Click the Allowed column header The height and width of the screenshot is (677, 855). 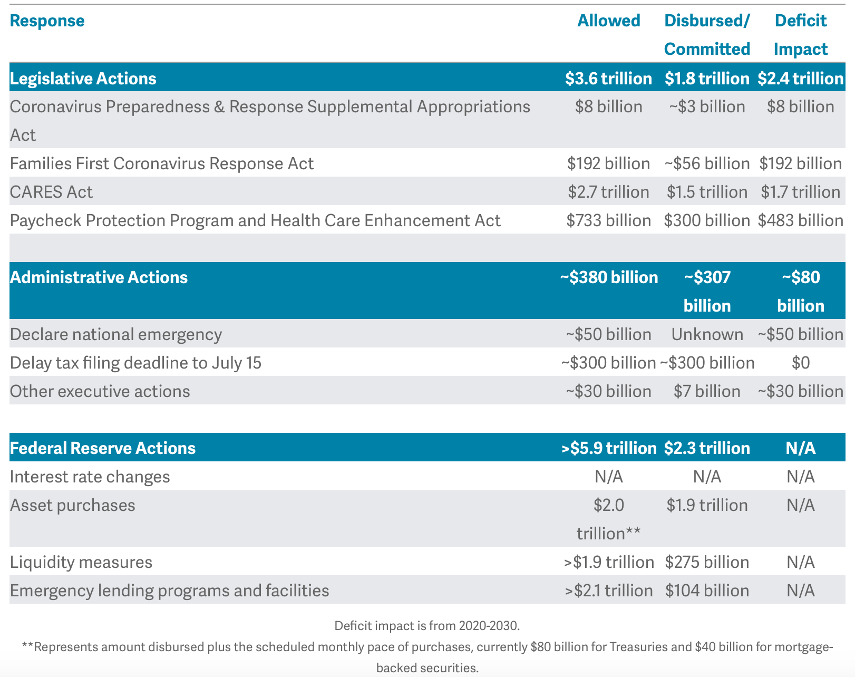(608, 21)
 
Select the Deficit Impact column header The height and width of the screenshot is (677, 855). (800, 35)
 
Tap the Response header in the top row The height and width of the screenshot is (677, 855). (47, 21)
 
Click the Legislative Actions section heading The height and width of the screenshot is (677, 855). (83, 79)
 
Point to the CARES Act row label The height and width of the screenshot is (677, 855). (51, 192)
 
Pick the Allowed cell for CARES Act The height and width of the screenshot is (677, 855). (608, 192)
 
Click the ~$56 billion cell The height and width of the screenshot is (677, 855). (707, 163)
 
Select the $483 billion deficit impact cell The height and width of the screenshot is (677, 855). (800, 220)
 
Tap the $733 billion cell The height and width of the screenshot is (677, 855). (608, 220)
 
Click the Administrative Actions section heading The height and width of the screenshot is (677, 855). (99, 277)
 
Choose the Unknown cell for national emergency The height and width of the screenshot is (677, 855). (707, 334)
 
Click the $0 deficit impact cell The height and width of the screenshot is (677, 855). (800, 363)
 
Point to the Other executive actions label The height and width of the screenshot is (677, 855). (100, 391)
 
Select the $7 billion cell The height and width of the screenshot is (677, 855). (707, 391)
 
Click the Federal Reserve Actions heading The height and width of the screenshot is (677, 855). (103, 448)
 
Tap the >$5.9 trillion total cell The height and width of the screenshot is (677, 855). (608, 448)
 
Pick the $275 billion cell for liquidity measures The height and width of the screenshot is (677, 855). (707, 562)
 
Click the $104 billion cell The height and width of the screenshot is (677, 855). (707, 591)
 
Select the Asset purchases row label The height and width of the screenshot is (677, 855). (73, 505)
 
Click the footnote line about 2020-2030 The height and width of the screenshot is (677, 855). (427, 626)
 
